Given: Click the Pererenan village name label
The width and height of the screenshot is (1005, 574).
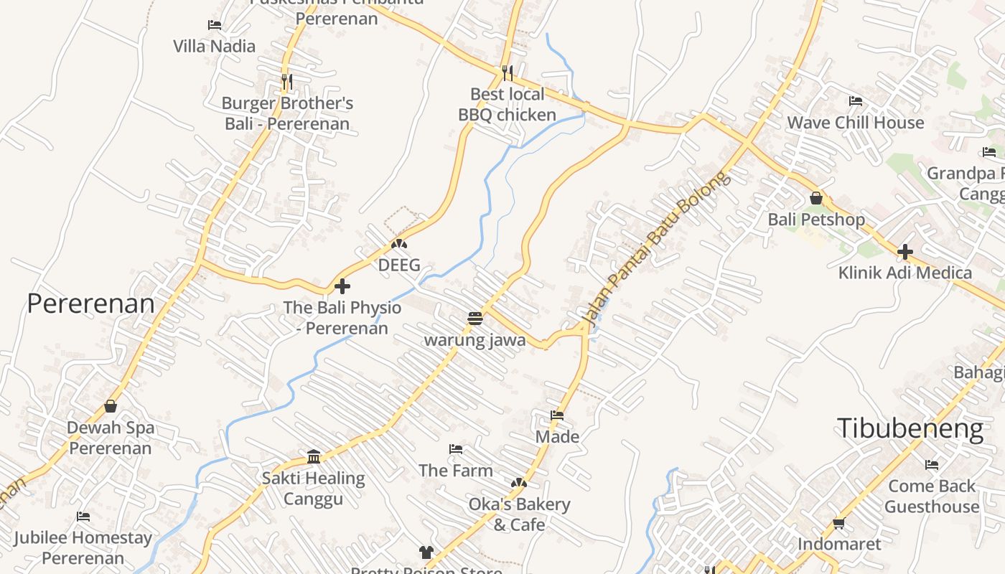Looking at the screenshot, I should point(90,304).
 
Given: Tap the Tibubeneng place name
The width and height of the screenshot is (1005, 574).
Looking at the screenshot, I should point(910,428).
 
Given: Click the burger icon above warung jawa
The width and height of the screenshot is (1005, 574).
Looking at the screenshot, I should point(475,318).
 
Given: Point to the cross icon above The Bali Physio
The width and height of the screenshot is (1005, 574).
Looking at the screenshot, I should point(342,286).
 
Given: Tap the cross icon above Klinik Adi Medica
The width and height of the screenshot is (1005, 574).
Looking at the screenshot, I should point(905,252).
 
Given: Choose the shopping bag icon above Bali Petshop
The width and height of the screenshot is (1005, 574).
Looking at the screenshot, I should point(816,198).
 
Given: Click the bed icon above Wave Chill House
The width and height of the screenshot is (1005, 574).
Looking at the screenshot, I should point(856,101).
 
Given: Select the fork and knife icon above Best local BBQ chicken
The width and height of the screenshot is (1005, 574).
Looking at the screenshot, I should point(508,72).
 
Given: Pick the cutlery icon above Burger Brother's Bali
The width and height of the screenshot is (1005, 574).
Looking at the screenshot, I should point(287,82).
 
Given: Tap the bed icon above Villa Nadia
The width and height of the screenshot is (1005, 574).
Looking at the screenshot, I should point(215,25).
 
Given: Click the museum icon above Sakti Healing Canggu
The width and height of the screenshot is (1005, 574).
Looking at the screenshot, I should point(314,456).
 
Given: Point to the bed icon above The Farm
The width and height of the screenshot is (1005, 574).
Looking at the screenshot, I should point(456,449).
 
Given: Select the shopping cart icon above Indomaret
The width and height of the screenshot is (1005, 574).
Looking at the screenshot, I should point(839,523).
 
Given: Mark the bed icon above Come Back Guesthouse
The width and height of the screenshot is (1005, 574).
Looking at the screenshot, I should point(932,465).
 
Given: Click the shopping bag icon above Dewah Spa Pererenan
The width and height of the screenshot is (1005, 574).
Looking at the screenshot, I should point(111,406).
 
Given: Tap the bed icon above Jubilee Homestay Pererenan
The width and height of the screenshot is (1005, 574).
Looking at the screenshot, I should point(83,517).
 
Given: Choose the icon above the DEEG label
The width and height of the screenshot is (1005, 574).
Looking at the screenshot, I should point(399,244).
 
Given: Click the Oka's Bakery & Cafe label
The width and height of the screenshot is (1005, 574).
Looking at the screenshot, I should point(519,514).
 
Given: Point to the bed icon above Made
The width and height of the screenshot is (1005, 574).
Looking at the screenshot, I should point(557,415).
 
